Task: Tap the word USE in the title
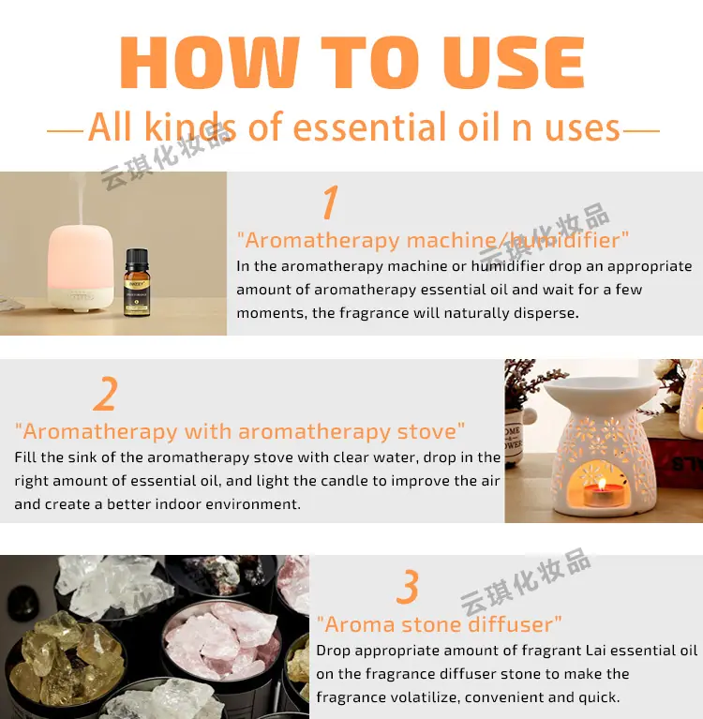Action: pos(514,62)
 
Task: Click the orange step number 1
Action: pos(330,202)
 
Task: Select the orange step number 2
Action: pos(106,393)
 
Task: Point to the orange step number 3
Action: pos(408,586)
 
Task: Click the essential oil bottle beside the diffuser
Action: pos(137,282)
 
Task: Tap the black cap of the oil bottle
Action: pos(137,260)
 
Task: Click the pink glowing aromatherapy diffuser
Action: pos(81,268)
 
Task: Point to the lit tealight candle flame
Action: pos(602,484)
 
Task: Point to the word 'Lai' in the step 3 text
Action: pos(596,651)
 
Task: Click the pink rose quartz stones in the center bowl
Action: pos(223,639)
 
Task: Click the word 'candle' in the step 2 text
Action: pos(347,481)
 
